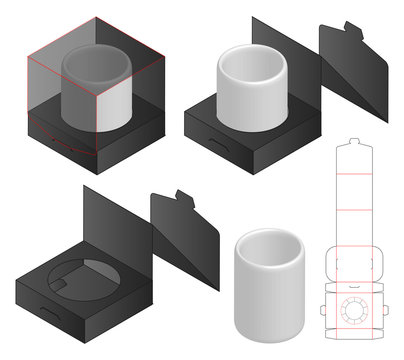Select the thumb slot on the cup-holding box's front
[x=217, y=147]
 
